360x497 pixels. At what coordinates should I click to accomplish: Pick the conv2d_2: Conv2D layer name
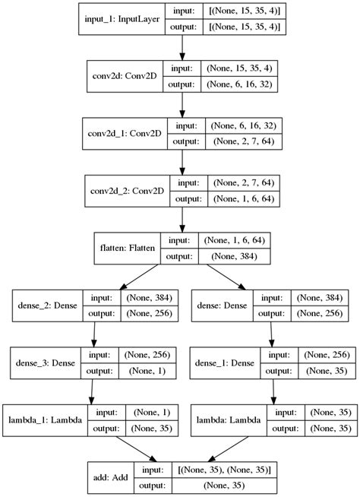pyautogui.click(x=130, y=192)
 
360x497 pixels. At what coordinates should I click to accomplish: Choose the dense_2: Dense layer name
pyautogui.click(x=44, y=305)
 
